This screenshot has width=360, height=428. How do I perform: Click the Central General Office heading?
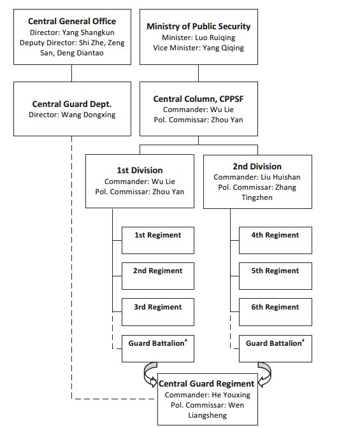click(72, 21)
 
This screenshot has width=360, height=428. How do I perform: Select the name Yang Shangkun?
click(88, 32)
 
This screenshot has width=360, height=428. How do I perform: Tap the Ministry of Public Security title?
click(199, 26)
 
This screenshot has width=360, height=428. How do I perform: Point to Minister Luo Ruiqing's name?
click(215, 38)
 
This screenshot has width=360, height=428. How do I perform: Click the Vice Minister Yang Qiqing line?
click(198, 48)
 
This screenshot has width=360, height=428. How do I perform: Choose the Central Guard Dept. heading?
click(72, 104)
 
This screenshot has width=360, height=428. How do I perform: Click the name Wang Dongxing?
click(88, 115)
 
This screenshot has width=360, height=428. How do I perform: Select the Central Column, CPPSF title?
click(198, 99)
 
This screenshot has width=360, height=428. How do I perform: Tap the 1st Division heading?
click(140, 170)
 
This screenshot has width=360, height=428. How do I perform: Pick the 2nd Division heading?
click(257, 166)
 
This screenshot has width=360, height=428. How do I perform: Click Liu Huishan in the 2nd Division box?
click(280, 177)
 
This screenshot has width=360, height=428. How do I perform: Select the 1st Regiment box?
click(158, 240)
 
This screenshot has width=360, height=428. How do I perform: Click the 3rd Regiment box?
click(158, 312)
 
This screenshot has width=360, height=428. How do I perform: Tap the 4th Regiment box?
click(275, 240)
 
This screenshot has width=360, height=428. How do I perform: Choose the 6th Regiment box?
click(275, 312)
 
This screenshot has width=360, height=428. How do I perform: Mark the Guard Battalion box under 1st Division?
click(158, 348)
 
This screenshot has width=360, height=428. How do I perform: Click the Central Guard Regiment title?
click(206, 384)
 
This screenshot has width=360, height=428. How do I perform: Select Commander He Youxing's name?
click(231, 395)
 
